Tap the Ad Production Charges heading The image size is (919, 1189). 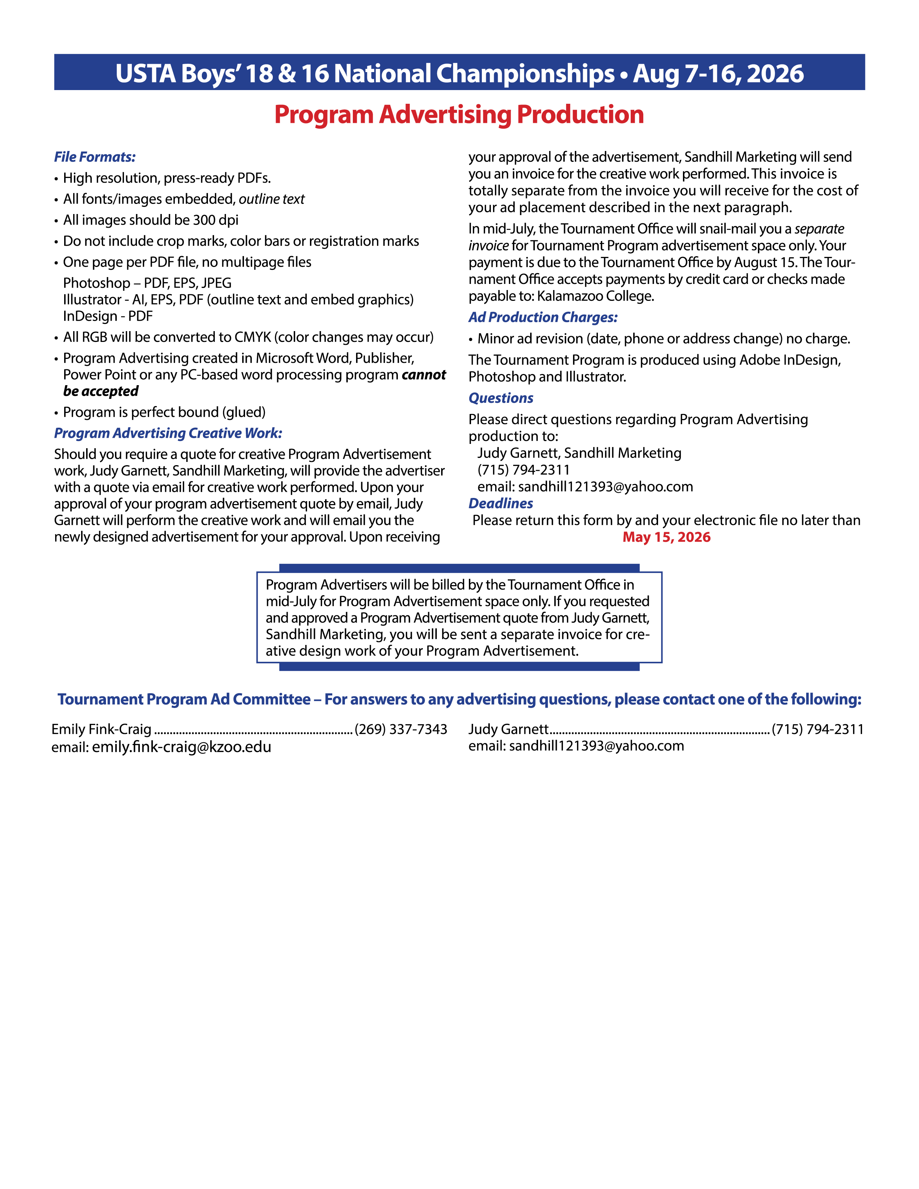[x=543, y=317]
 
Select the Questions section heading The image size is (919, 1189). [x=501, y=398]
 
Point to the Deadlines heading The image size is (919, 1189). [x=501, y=504]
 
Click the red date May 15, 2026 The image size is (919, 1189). [x=666, y=537]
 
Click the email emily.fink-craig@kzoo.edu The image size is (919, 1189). [x=181, y=747]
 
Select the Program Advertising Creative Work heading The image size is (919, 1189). [x=168, y=433]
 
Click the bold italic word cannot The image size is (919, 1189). [x=423, y=375]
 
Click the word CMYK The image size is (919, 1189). [x=253, y=338]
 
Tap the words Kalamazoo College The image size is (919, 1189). [x=595, y=297]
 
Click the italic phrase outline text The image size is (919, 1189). [x=272, y=199]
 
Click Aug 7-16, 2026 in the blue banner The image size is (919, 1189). [x=718, y=74]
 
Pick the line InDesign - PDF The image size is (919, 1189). [x=108, y=316]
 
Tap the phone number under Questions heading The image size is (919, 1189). [x=523, y=470]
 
